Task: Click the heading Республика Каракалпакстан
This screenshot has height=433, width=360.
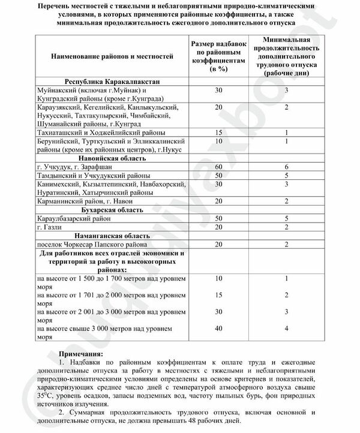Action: click(112, 81)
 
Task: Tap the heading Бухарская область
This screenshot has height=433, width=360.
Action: click(112, 211)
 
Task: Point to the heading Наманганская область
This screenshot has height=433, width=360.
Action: click(112, 236)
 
